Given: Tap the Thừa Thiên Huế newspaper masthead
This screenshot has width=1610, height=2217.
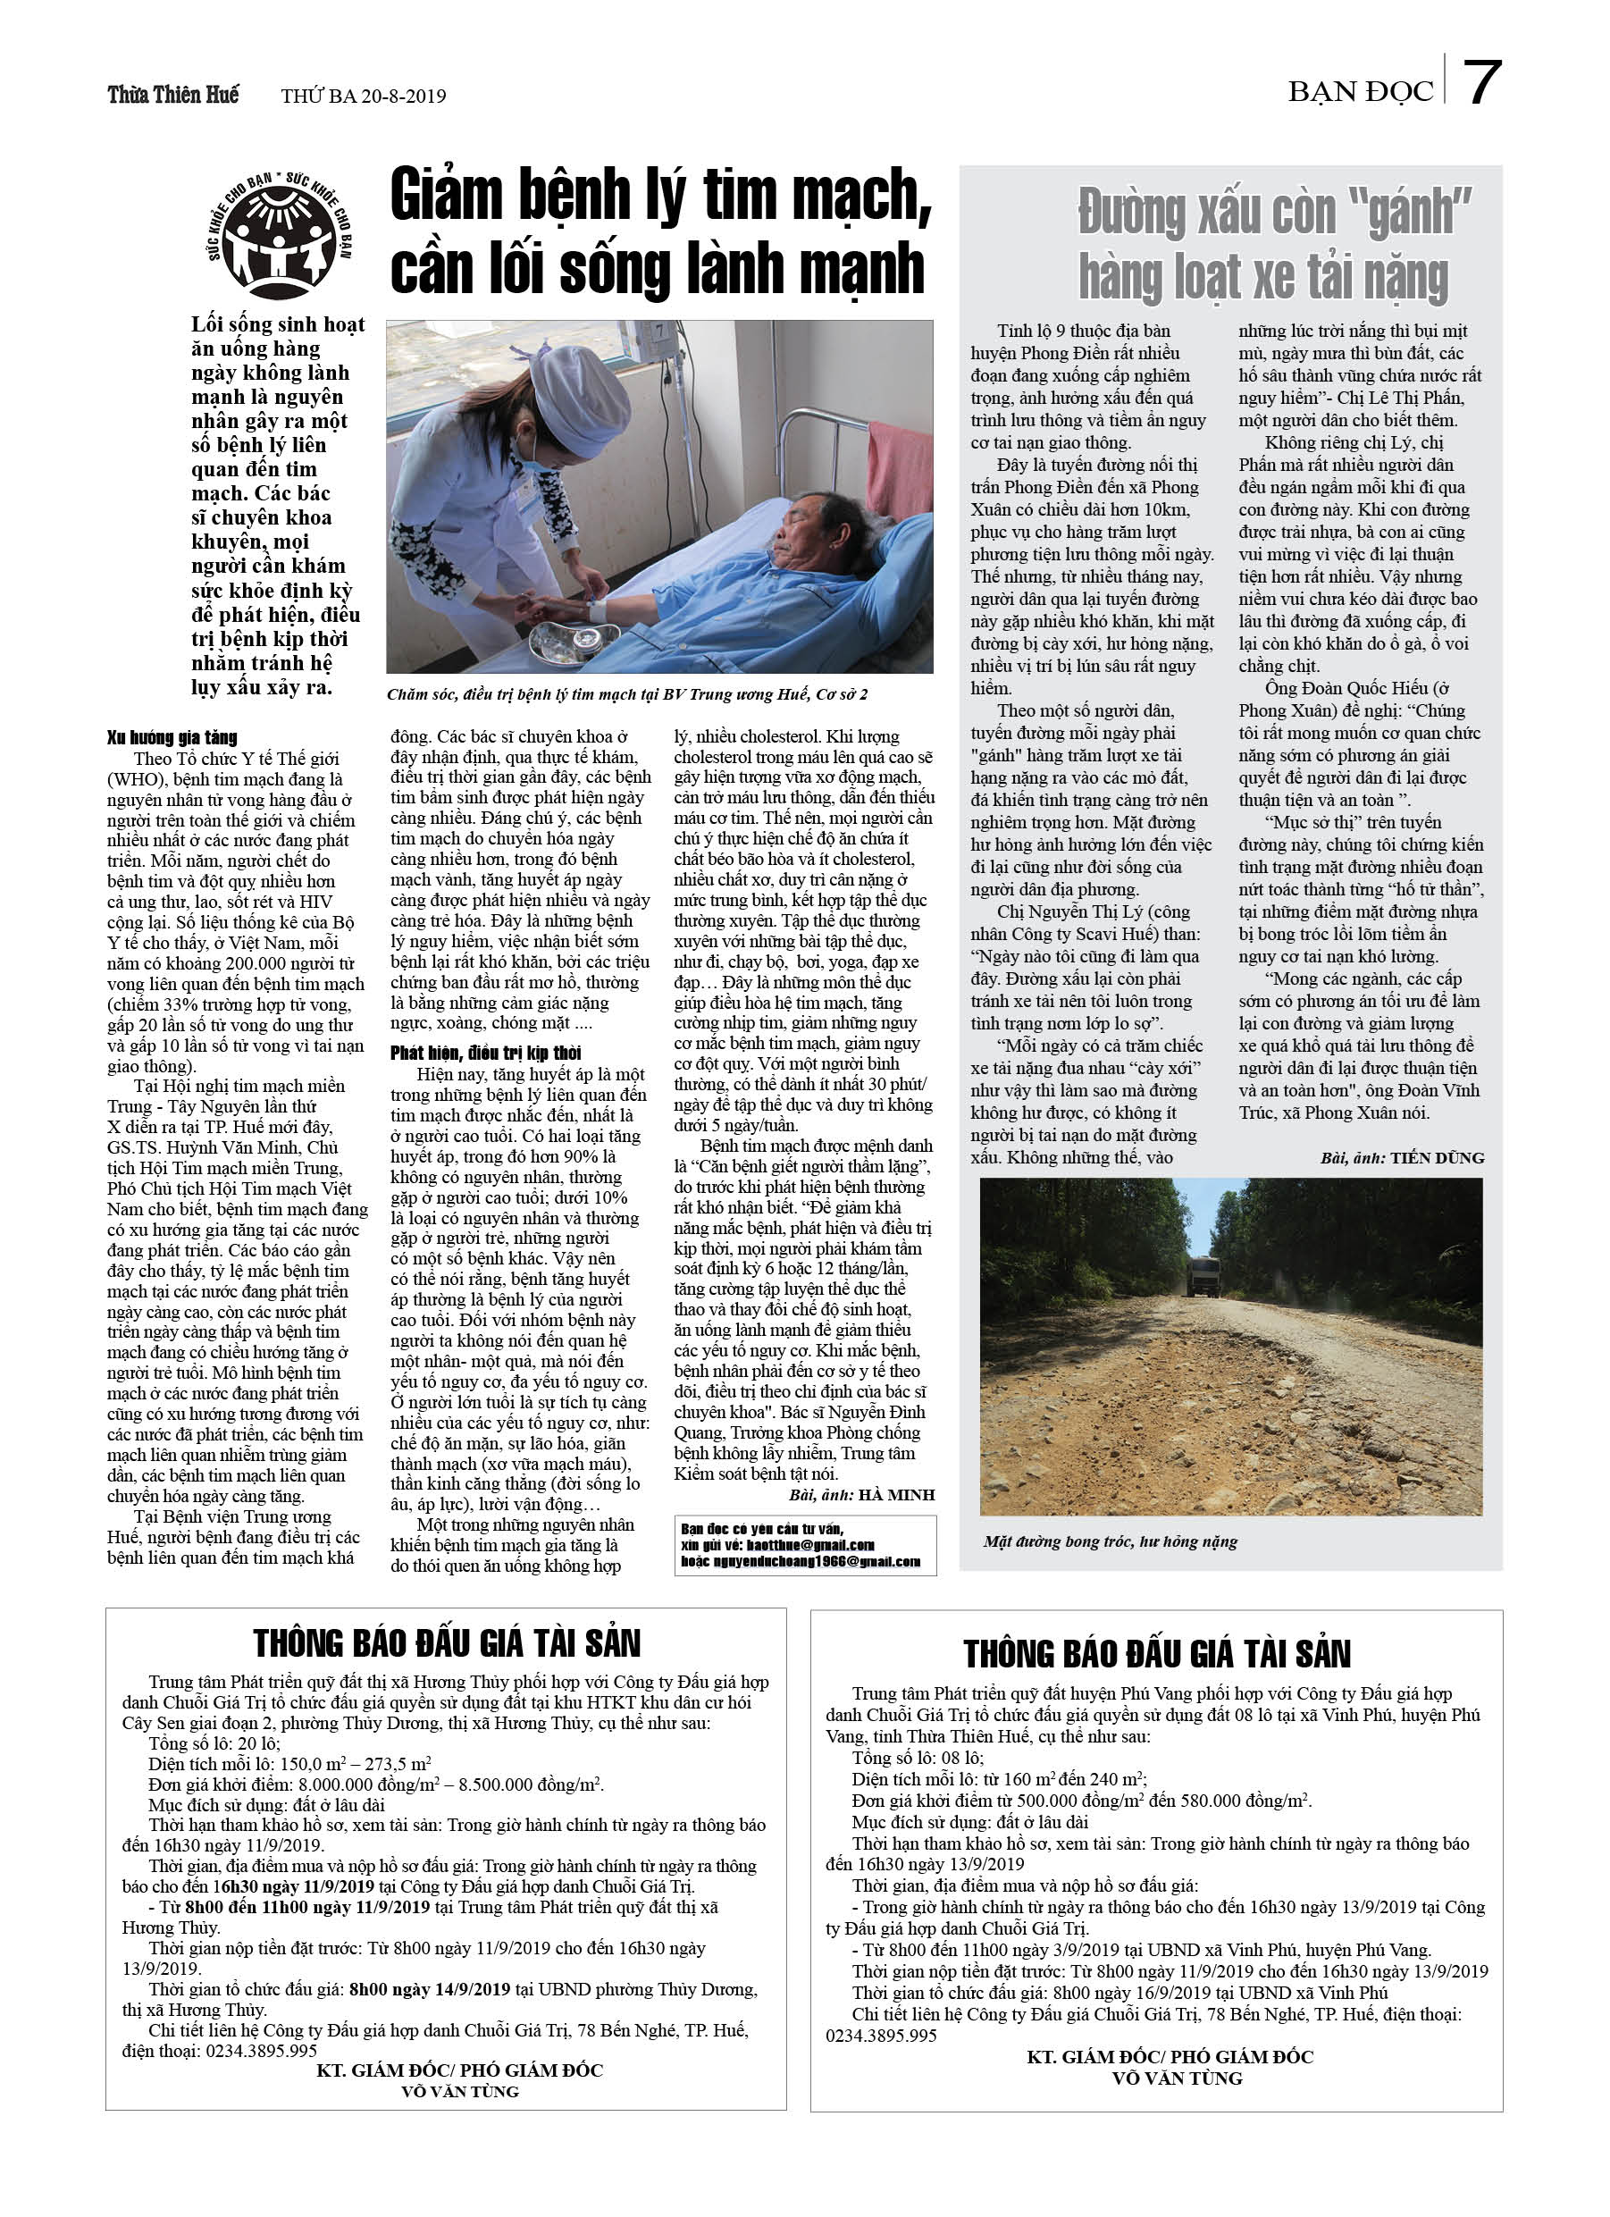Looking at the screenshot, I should [173, 95].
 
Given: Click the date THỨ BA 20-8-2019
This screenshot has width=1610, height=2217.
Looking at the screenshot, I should [363, 96].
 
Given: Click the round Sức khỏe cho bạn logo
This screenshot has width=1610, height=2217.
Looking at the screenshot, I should [280, 235].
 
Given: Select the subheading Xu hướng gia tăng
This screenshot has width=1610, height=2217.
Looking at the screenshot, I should [172, 737].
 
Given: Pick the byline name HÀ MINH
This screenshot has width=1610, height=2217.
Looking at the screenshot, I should [897, 1495].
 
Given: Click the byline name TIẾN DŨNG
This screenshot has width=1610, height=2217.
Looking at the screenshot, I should [1437, 1158].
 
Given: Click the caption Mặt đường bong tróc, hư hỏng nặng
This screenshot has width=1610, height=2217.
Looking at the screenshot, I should [1110, 1541].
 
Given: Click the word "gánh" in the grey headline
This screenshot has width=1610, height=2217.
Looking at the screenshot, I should [1420, 212].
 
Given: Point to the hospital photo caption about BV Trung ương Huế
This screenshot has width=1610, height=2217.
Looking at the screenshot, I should [626, 694].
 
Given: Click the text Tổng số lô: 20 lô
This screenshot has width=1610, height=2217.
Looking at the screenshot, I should [214, 1743].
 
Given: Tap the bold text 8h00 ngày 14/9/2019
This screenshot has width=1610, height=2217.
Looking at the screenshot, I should [429, 1989].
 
